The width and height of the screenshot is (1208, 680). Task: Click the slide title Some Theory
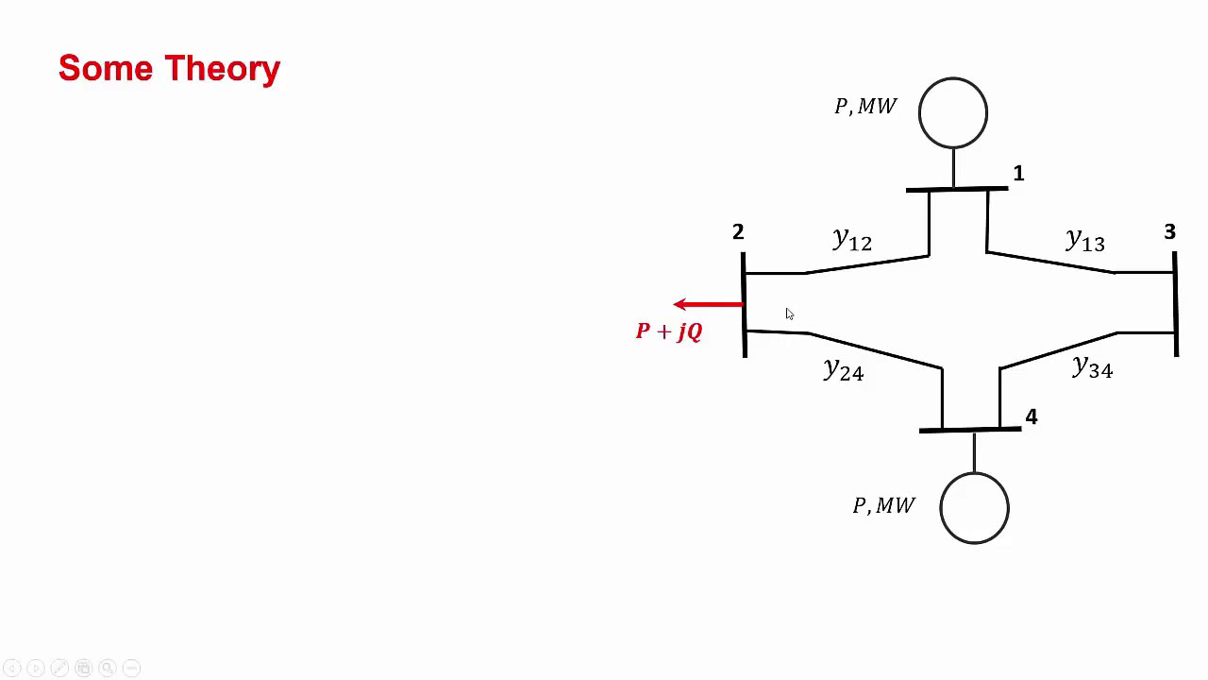[169, 69]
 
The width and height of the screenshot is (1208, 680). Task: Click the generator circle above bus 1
[953, 113]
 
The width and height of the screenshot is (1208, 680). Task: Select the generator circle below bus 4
[974, 508]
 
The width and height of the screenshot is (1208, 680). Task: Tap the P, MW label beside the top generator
[865, 107]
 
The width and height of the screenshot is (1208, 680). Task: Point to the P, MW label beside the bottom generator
[883, 506]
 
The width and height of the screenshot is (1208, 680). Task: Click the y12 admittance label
[852, 240]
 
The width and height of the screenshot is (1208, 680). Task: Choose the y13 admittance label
[1084, 241]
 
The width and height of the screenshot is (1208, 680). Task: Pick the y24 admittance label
[843, 369]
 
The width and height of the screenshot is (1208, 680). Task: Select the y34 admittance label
[1092, 367]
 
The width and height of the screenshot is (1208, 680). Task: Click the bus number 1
[1018, 174]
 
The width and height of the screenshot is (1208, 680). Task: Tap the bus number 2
[738, 232]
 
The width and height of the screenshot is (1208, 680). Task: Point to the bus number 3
[1169, 232]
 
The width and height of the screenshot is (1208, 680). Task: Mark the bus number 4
[1032, 417]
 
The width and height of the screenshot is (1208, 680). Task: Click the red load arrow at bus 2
[708, 304]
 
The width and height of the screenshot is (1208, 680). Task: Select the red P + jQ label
[669, 331]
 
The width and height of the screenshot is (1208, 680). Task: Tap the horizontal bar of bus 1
[956, 190]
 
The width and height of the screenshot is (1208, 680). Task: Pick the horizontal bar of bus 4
[970, 431]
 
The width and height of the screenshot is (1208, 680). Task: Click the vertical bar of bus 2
[745, 304]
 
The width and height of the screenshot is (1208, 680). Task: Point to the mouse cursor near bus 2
[789, 314]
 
